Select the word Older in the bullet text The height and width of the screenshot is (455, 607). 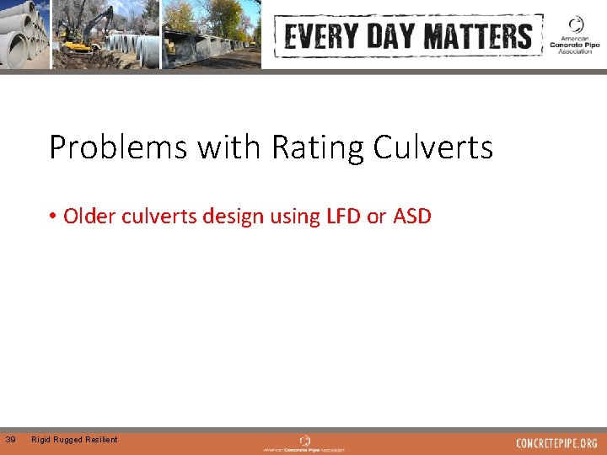(89, 217)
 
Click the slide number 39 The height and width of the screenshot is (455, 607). (10, 439)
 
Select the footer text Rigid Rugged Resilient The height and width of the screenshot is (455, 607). (74, 439)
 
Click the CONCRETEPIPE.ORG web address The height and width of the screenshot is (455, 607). (556, 443)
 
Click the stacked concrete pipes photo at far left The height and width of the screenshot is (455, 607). (24, 34)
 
